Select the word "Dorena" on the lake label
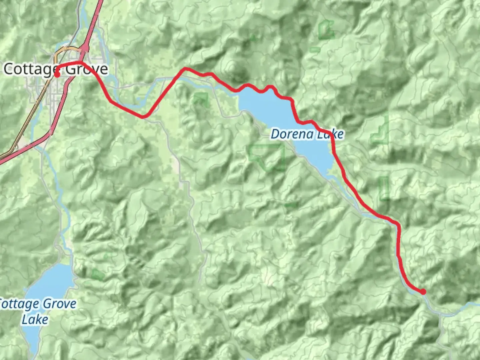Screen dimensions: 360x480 (292, 134)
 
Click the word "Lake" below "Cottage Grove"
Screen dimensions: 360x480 (35, 319)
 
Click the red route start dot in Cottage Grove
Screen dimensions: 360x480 (57, 75)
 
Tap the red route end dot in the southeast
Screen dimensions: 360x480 (423, 292)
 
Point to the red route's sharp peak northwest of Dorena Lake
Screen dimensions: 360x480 (185, 69)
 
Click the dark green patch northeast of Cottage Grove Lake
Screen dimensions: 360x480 (98, 274)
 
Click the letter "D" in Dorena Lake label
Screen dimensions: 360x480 (275, 134)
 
